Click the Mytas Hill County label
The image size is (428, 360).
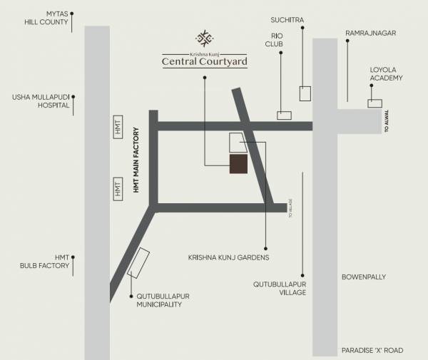coord(46,18)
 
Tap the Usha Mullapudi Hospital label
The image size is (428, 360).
coord(41,101)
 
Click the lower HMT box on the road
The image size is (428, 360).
coord(118,190)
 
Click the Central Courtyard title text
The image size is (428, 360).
coord(205,62)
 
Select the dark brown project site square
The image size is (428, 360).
coord(239,164)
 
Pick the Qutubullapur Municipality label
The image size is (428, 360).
coord(159,300)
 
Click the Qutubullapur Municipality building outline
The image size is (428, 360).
coord(138,262)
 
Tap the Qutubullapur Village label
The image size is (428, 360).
coord(280,288)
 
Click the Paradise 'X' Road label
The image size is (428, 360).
coord(372,350)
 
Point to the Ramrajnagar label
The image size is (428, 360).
coord(370,33)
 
